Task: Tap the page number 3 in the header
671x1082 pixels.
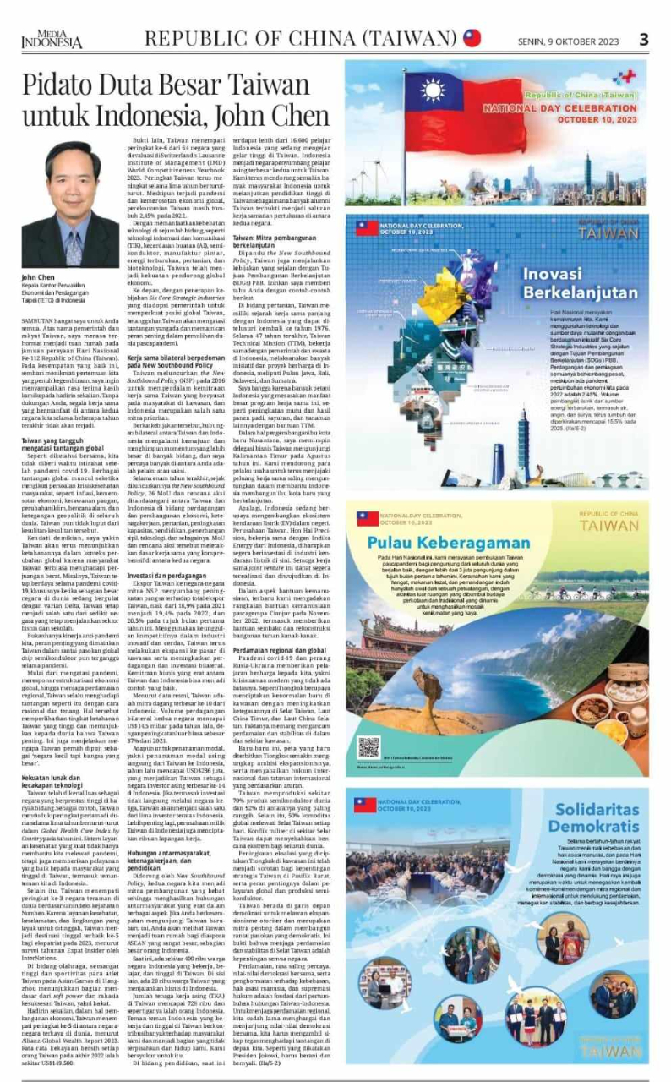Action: pyautogui.click(x=643, y=39)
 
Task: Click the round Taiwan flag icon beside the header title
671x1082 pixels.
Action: pyautogui.click(x=472, y=38)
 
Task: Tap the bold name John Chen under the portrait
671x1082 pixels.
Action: pyautogui.click(x=39, y=277)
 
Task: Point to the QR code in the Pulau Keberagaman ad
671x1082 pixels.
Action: pyautogui.click(x=368, y=747)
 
